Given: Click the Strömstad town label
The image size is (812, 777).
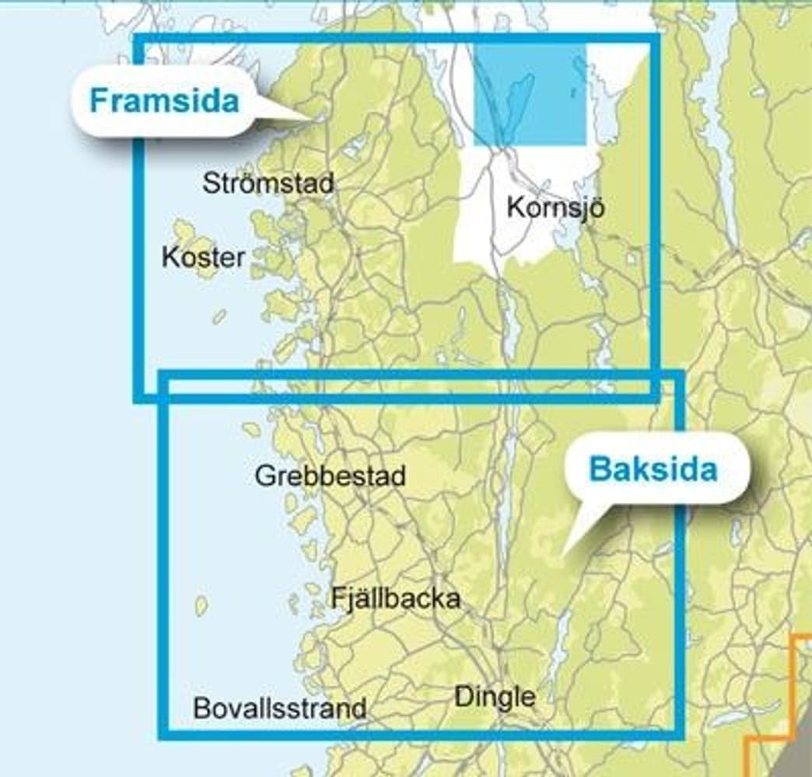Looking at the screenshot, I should click(268, 183).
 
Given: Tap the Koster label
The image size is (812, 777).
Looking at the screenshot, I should click(203, 257).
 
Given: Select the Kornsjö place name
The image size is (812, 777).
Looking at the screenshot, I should click(555, 208).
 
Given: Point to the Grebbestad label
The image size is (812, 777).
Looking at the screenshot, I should click(331, 476).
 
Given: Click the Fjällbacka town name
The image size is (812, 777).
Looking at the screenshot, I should click(396, 598).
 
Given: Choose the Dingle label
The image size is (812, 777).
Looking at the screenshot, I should click(495, 696).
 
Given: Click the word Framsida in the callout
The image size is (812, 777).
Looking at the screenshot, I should click(163, 101).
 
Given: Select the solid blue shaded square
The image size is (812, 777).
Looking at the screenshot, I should click(530, 95).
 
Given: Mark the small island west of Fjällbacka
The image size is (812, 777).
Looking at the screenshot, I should click(201, 605).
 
